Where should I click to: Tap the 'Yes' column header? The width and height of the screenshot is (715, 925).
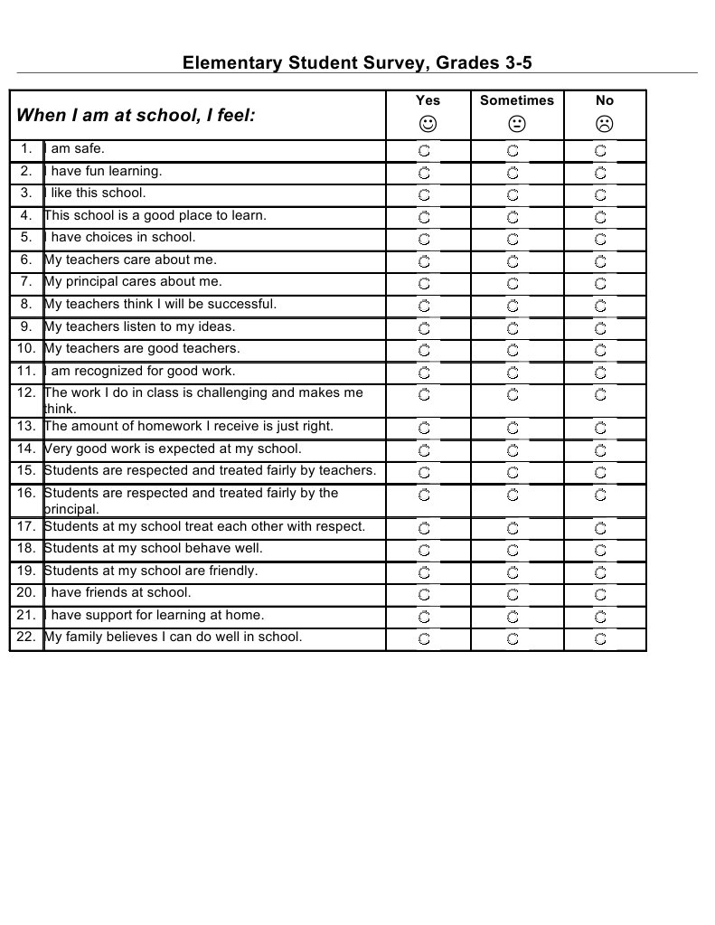[x=428, y=100]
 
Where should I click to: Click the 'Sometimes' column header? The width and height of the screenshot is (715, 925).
[x=516, y=100]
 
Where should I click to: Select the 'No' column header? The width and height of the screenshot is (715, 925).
[x=605, y=100]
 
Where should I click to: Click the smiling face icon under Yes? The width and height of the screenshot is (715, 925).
[x=428, y=123]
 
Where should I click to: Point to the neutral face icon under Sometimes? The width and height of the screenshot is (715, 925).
[x=516, y=123]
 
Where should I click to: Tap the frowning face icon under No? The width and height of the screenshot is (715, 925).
[x=605, y=123]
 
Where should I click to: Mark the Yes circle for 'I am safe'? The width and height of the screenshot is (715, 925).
[x=424, y=150]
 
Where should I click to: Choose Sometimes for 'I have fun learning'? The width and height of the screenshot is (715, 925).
[x=513, y=172]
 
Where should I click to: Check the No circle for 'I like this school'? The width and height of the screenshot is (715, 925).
[x=601, y=194]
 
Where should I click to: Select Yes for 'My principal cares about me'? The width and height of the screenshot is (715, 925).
[x=424, y=283]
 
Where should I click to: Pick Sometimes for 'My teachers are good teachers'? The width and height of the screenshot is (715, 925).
[x=513, y=350]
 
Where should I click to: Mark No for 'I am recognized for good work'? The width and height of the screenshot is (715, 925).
[x=601, y=373]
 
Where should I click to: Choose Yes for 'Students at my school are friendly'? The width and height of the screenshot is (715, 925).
[x=424, y=572]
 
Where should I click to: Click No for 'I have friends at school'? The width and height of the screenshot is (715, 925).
[x=601, y=595]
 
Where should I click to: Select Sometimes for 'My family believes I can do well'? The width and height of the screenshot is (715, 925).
[x=513, y=639]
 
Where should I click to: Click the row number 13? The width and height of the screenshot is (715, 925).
[x=26, y=426]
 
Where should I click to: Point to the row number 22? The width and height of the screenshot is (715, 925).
[x=26, y=637]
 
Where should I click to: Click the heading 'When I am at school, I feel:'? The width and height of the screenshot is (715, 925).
[x=136, y=116]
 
